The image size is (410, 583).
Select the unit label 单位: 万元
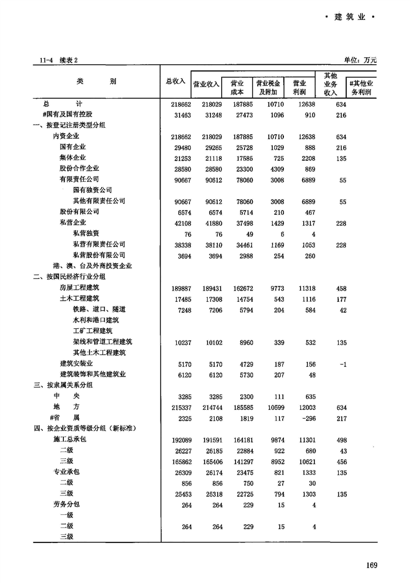coord(360,59)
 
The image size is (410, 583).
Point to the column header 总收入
coord(176,81)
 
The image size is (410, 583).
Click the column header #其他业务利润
coord(362,87)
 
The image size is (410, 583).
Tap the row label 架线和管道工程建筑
coord(103,342)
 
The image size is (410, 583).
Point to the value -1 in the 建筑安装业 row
coord(343,364)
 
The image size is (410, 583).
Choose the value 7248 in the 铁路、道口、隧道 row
coord(182,310)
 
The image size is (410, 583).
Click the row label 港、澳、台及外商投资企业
coord(92,266)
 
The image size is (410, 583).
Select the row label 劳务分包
coord(66,505)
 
